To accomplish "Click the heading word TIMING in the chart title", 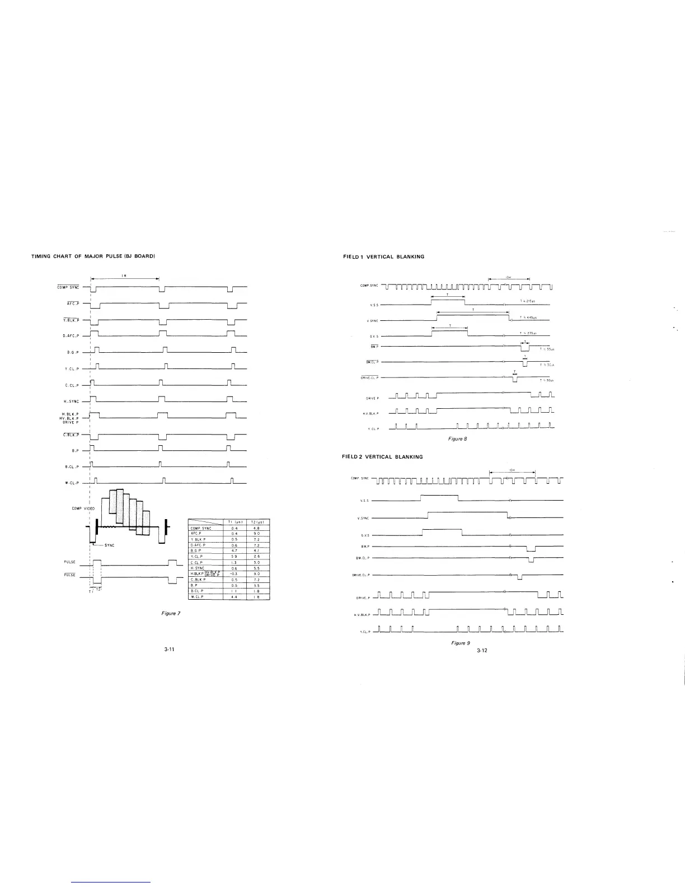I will (x=40, y=256).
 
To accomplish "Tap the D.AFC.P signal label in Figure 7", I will (x=74, y=336).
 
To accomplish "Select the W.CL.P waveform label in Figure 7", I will (x=74, y=483).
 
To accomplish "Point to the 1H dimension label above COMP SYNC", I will (x=124, y=275).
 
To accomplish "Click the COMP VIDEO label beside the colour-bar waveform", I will (x=83, y=508).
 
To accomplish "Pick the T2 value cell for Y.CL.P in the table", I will (x=256, y=556).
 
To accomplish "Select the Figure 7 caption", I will (x=171, y=614).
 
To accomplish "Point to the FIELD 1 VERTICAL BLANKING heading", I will (x=383, y=256).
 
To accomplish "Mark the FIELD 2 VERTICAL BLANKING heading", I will (x=382, y=456).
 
